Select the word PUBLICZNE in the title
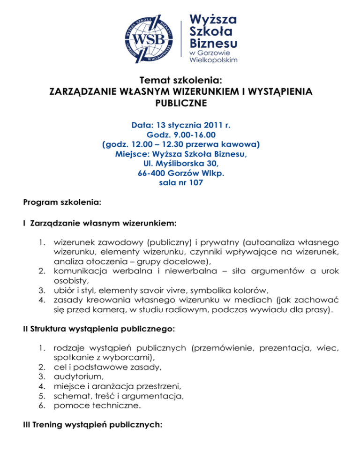(x=180, y=102)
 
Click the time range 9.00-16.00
(x=191, y=135)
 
